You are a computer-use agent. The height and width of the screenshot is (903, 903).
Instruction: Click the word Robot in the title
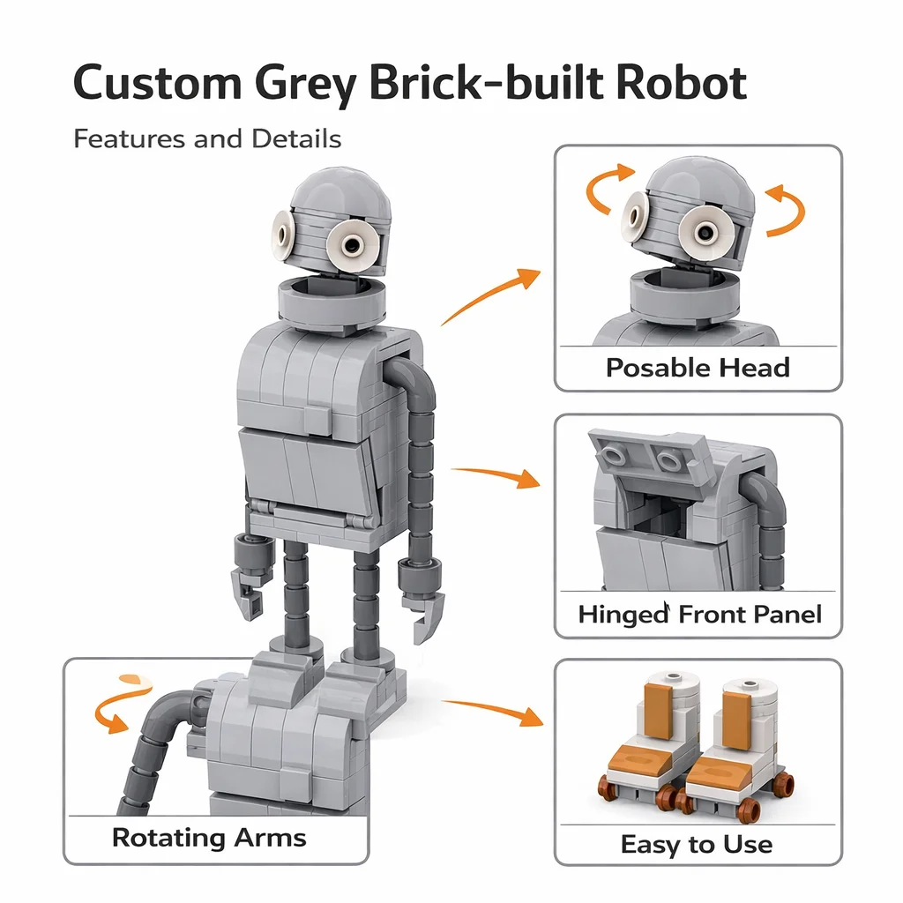click(x=681, y=82)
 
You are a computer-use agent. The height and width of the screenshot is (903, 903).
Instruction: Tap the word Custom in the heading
click(x=157, y=82)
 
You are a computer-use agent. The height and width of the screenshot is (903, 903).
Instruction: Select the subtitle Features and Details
click(x=207, y=138)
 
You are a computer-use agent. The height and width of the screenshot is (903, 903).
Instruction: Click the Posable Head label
click(x=698, y=368)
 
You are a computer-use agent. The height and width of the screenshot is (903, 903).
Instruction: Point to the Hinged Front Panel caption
click(x=699, y=614)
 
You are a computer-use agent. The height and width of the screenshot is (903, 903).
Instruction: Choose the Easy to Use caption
click(x=697, y=844)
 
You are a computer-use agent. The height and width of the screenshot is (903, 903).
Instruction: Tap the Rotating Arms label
click(x=209, y=838)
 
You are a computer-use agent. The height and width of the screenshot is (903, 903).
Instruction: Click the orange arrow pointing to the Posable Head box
click(x=489, y=296)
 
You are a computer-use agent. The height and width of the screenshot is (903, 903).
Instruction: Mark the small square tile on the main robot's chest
click(x=319, y=421)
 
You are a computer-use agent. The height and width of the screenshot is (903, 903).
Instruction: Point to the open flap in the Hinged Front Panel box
click(x=648, y=455)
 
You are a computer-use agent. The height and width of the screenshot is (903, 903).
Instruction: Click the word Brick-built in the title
click(x=490, y=82)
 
